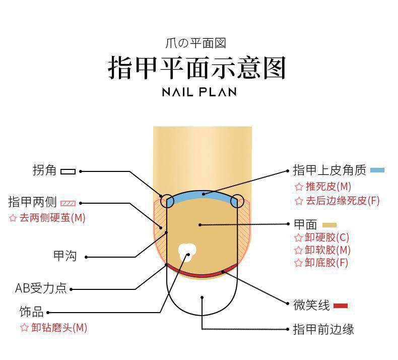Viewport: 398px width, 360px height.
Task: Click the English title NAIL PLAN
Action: [x=199, y=92]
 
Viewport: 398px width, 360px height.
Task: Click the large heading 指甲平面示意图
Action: [x=197, y=68]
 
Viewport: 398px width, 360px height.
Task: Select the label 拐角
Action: [x=44, y=171]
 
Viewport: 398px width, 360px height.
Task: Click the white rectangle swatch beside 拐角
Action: [x=68, y=171]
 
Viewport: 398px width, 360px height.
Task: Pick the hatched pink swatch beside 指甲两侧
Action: [x=68, y=203]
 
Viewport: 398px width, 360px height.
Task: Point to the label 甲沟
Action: [x=65, y=256]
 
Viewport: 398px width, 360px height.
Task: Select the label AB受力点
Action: [x=41, y=288]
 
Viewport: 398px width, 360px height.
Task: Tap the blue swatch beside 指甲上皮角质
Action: [x=377, y=170]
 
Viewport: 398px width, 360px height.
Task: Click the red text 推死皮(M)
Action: [x=328, y=187]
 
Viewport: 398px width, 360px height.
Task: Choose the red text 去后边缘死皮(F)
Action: [x=343, y=200]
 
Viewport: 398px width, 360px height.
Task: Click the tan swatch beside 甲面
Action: [x=329, y=225]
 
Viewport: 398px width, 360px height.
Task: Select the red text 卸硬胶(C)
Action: [x=327, y=237]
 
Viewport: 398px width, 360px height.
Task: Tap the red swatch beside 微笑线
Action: [x=340, y=306]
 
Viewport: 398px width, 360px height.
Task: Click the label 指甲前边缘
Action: [x=323, y=330]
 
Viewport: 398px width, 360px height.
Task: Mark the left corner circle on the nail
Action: [x=167, y=201]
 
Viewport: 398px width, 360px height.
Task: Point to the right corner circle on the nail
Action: [x=237, y=201]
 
